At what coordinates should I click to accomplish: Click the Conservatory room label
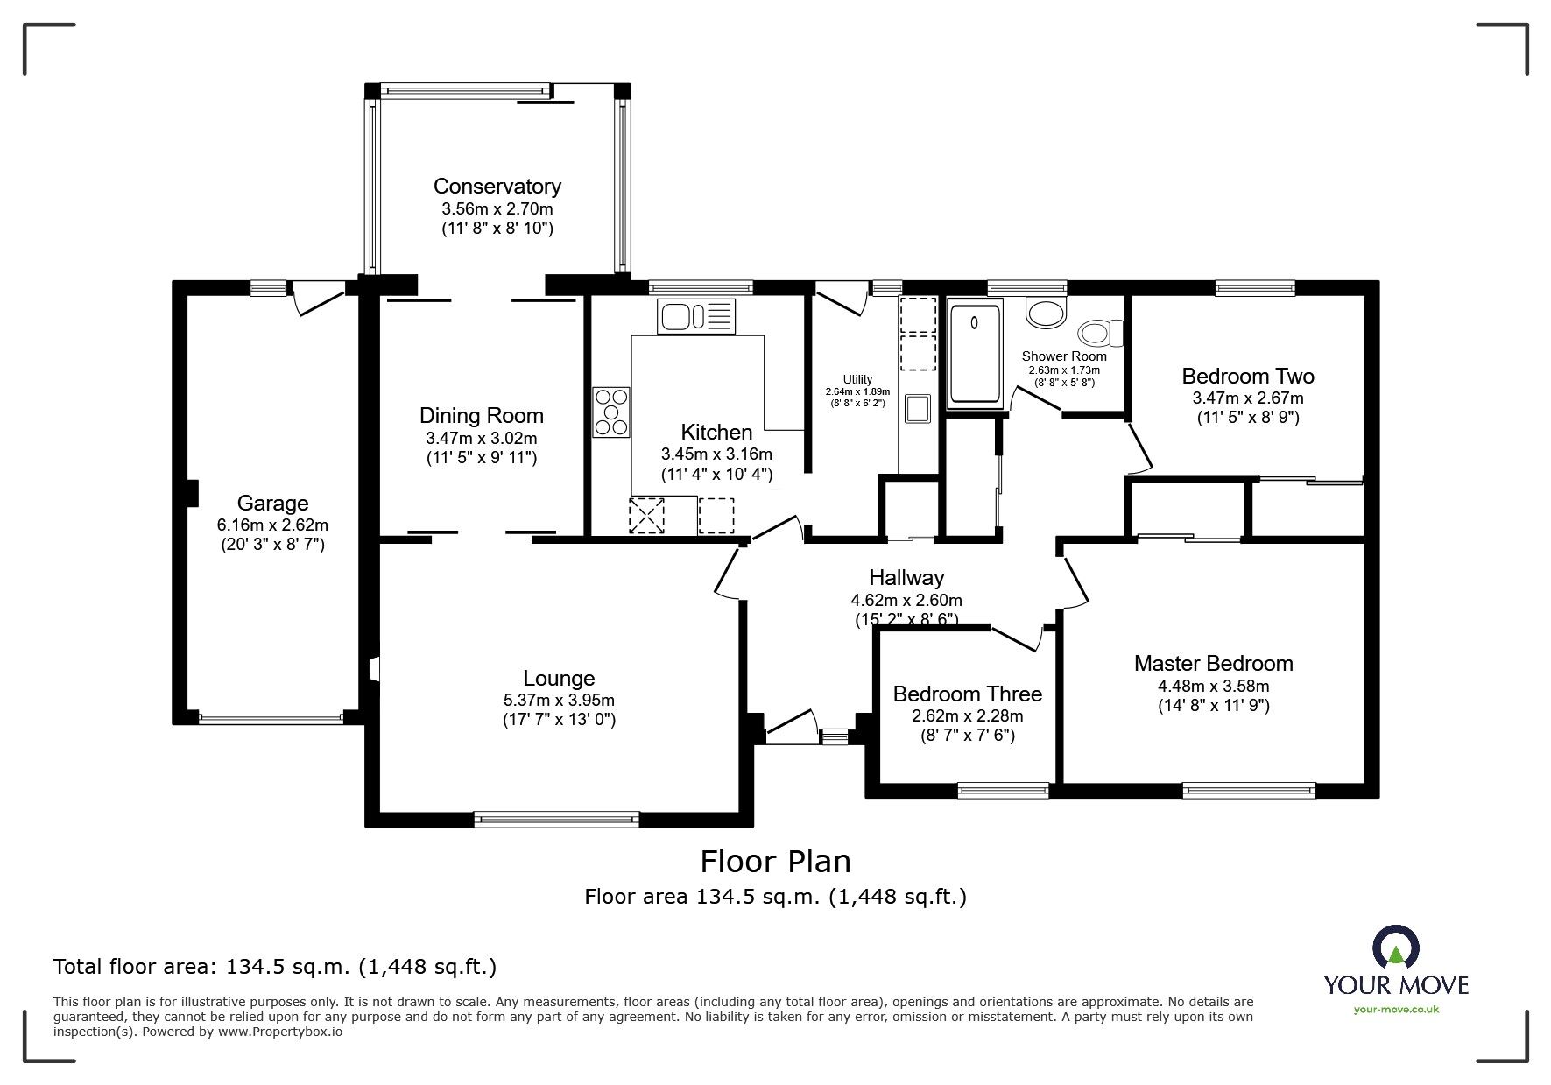point(497,186)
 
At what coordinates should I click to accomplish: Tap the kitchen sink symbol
point(697,317)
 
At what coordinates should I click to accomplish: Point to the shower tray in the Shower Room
point(974,353)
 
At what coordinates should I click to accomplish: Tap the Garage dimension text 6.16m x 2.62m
point(272,525)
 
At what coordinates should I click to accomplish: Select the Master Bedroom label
point(1213,663)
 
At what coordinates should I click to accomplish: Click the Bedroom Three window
point(1004,790)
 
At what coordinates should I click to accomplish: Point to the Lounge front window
point(556,819)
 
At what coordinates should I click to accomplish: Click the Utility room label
point(857,379)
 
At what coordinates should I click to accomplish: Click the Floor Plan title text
point(775,862)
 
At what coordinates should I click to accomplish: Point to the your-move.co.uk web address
point(1396,1010)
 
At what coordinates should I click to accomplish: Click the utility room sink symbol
point(917,409)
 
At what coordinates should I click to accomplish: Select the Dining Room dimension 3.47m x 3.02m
point(481,438)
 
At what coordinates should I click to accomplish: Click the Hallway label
point(906,577)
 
